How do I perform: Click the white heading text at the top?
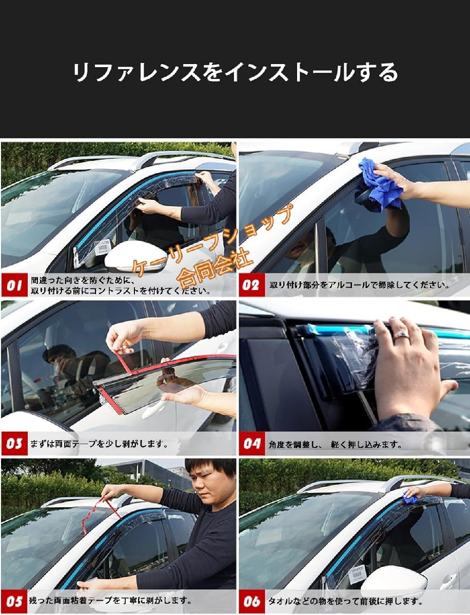tap(235, 72)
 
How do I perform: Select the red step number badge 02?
tap(251, 285)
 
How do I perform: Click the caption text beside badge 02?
tap(359, 285)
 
